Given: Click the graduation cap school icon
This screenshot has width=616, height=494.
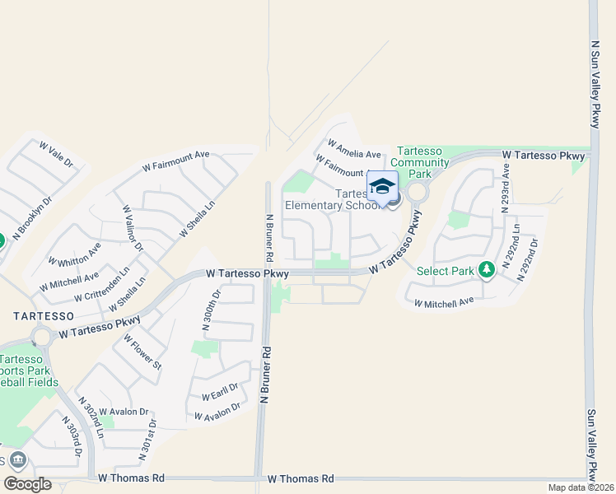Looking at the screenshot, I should click(x=382, y=185).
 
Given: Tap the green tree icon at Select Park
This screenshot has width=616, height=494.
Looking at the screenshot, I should click(x=487, y=269).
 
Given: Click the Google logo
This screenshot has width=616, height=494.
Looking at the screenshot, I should click(x=27, y=484).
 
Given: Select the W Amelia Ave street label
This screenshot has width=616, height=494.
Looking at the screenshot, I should click(x=354, y=148).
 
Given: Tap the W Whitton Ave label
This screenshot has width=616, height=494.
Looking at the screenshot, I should click(x=75, y=254).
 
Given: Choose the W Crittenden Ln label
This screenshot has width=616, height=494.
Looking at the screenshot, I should click(x=102, y=284).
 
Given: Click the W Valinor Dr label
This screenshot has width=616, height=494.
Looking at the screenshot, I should click(x=133, y=229).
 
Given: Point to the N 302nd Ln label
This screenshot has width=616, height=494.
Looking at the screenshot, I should click(x=91, y=418).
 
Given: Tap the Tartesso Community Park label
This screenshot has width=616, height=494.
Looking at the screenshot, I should click(x=421, y=162).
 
